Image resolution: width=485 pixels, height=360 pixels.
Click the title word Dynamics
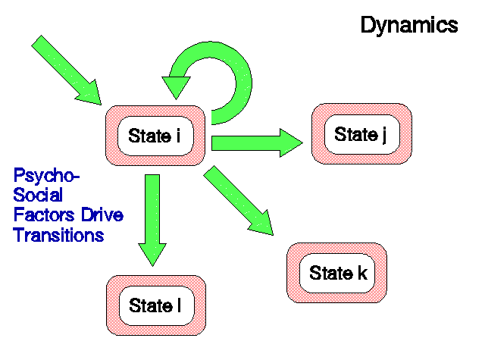[409, 25]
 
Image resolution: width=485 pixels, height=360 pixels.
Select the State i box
[155, 136]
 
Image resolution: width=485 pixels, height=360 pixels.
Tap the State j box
[361, 133]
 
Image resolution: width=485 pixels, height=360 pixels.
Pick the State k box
[336, 273]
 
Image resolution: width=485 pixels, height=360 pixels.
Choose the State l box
[156, 305]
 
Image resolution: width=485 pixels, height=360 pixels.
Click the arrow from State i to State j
[257, 143]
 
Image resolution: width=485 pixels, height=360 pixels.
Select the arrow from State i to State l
[152, 221]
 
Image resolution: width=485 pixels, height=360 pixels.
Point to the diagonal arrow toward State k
[239, 201]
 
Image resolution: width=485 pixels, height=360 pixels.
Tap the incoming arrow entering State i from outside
[67, 70]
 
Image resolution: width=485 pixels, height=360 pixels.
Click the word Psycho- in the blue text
[46, 177]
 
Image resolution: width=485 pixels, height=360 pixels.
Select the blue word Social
[38, 195]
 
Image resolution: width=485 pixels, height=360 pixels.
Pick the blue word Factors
[44, 214]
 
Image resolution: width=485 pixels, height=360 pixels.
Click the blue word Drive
[102, 214]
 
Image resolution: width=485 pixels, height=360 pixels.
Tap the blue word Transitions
[58, 235]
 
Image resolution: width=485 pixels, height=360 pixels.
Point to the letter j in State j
[384, 135]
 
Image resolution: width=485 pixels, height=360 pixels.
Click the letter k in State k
[362, 273]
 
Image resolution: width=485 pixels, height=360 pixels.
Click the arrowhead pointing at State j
[291, 143]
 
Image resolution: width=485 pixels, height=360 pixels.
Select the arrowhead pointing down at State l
[152, 255]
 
